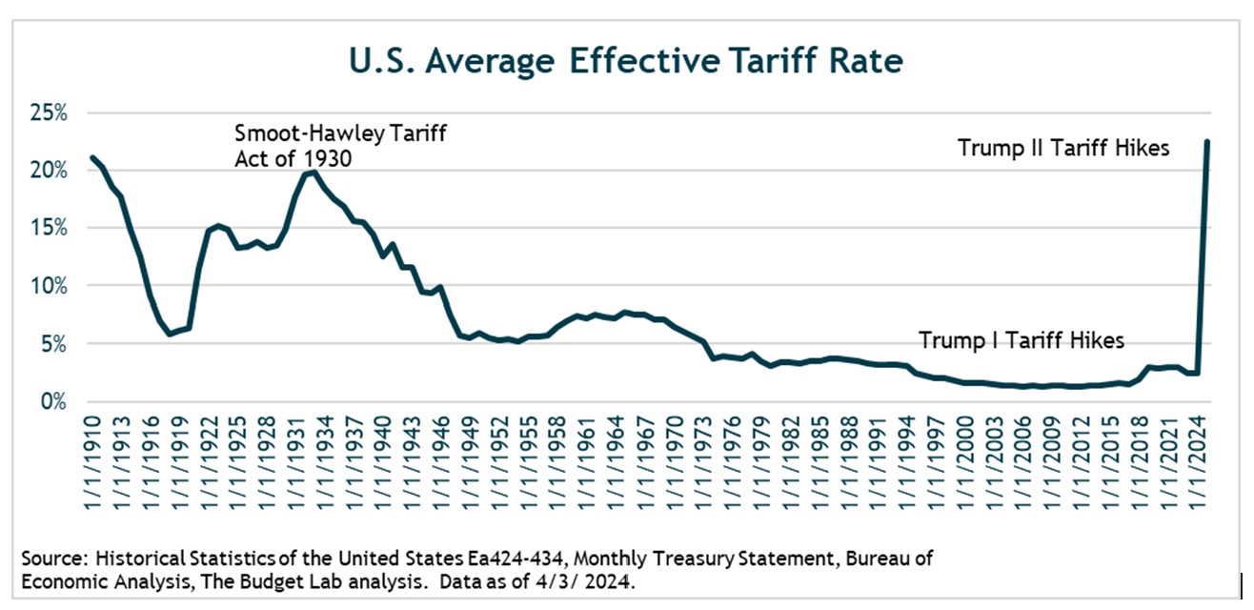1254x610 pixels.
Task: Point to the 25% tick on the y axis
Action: coord(48,112)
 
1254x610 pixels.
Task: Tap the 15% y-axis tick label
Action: coord(48,228)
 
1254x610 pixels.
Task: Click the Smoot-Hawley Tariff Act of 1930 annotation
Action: coord(340,146)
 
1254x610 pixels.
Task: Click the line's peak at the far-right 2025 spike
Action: coord(1207,142)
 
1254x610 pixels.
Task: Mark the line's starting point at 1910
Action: coord(92,157)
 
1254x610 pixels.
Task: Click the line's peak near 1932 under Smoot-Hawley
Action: coord(314,172)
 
